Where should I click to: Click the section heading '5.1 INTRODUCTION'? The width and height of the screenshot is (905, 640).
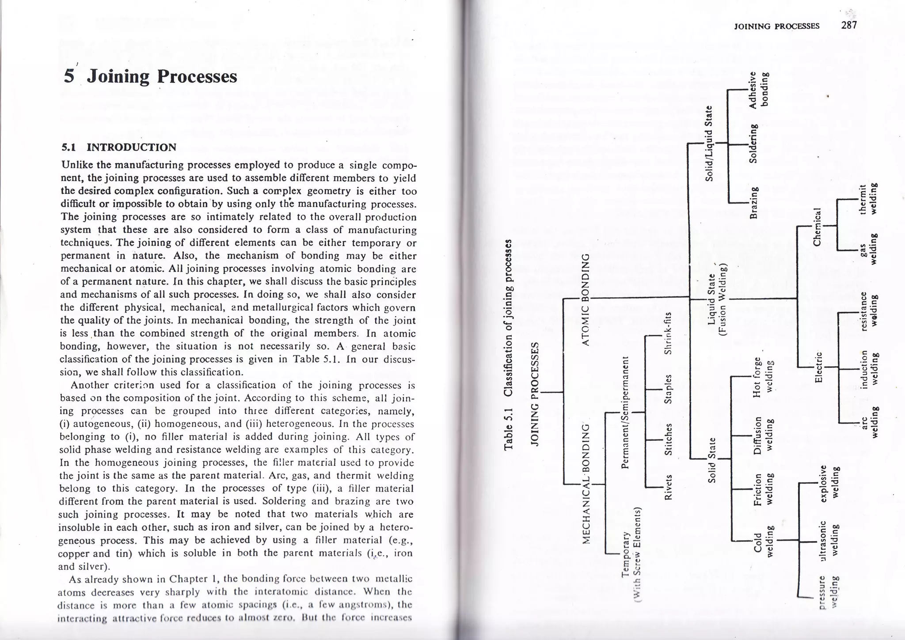(x=118, y=148)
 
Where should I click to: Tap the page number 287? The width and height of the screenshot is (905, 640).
(x=849, y=25)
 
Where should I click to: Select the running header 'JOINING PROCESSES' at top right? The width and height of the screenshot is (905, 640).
(x=776, y=26)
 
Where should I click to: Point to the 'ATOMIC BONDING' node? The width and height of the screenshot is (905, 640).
(x=586, y=300)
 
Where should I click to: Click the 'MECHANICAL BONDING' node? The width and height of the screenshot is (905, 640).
(x=586, y=484)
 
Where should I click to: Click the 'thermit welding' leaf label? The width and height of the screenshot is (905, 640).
(x=867, y=199)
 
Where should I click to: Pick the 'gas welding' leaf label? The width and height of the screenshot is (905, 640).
(x=867, y=249)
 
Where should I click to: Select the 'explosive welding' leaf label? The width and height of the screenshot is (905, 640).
(x=829, y=483)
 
